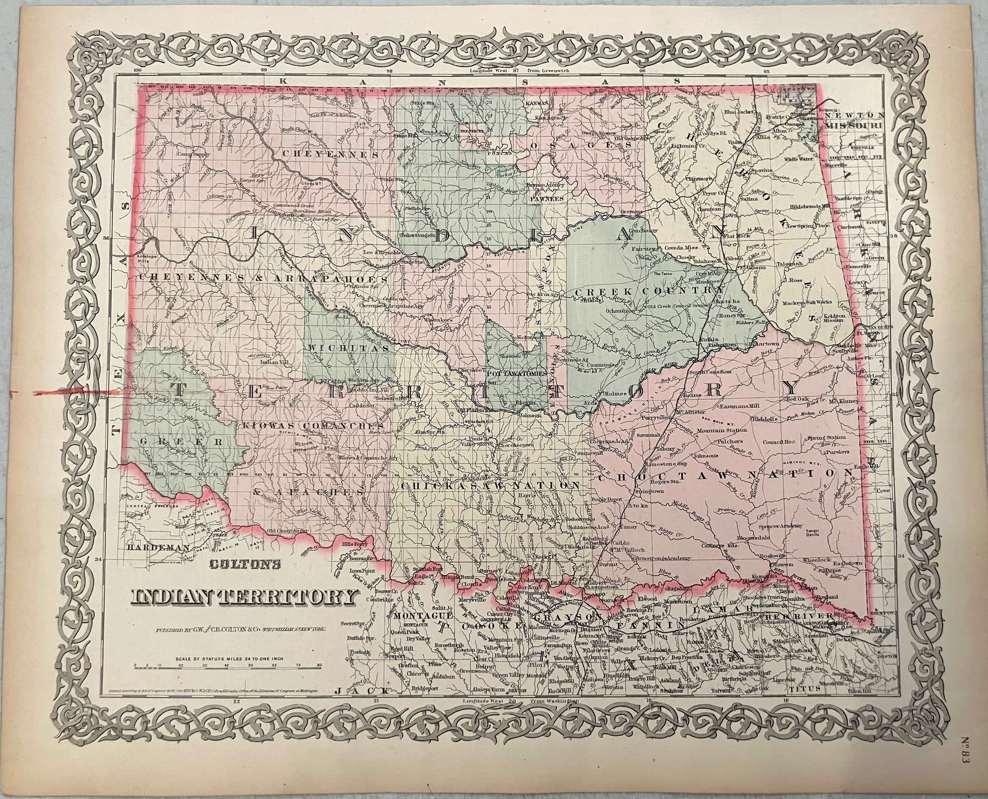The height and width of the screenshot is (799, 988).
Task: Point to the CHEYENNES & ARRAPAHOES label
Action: click(262, 279)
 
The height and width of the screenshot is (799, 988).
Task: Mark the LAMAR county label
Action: click(729, 609)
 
